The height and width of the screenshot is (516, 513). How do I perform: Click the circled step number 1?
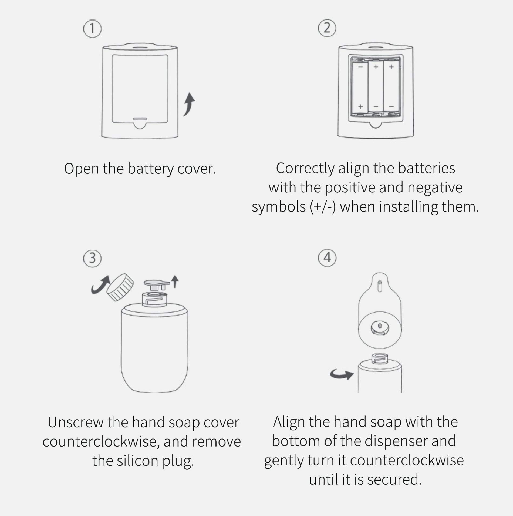click(92, 29)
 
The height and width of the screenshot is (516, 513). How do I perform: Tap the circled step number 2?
click(327, 28)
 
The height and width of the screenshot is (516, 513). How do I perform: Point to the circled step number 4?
click(327, 257)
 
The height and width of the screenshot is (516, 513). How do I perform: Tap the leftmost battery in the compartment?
click(360, 87)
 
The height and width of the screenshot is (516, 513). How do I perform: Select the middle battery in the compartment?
click(376, 86)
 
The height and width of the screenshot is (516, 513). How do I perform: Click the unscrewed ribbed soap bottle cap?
click(120, 287)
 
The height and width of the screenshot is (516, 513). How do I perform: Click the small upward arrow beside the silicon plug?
click(175, 281)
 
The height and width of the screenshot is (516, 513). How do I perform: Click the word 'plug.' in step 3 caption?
click(178, 462)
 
